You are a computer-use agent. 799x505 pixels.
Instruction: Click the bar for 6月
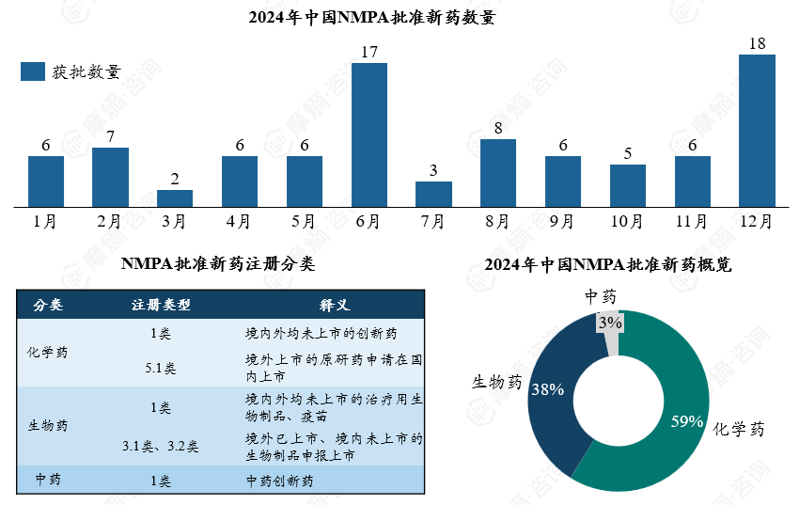click(368, 134)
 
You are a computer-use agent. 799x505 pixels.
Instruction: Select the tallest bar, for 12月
click(757, 130)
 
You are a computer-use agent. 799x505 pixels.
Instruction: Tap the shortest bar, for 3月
click(175, 197)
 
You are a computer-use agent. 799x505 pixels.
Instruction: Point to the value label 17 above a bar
click(368, 52)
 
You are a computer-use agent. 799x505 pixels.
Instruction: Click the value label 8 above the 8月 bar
click(498, 128)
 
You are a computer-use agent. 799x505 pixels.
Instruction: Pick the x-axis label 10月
click(627, 222)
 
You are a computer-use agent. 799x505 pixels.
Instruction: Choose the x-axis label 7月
click(433, 222)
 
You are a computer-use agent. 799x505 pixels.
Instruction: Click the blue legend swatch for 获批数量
click(33, 72)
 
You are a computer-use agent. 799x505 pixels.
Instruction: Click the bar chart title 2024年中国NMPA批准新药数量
click(371, 18)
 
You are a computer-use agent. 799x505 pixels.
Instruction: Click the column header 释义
click(334, 306)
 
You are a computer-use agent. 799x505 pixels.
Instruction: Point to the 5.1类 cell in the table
click(160, 368)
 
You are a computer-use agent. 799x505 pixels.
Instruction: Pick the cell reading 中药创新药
click(279, 481)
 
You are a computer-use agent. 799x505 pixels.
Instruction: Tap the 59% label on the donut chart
click(686, 421)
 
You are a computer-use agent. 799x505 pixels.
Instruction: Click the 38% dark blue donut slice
click(547, 388)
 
